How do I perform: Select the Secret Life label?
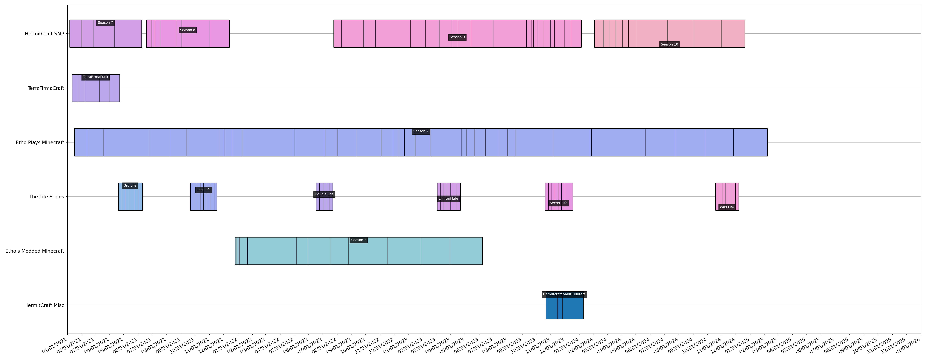click(559, 203)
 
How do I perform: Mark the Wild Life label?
click(727, 207)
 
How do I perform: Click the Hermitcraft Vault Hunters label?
click(564, 294)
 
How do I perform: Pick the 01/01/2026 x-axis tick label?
click(909, 345)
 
